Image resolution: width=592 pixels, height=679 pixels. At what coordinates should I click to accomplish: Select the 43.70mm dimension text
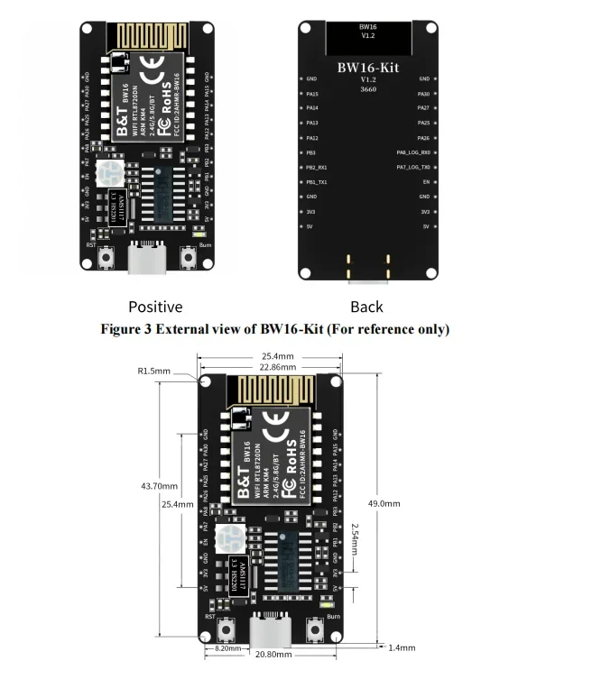click(157, 485)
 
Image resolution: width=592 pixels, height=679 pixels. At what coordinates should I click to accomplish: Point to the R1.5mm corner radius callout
click(154, 371)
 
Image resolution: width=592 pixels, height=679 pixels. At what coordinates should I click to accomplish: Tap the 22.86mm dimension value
click(272, 367)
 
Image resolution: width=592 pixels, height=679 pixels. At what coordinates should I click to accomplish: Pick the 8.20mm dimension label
click(227, 648)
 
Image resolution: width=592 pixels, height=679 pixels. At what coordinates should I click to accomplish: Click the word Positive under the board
click(155, 307)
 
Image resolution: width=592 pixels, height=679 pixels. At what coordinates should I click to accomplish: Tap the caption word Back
click(366, 307)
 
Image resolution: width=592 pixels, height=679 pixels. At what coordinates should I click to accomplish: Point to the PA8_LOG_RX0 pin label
click(413, 152)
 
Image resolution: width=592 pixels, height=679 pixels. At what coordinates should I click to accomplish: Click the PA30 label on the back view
click(423, 94)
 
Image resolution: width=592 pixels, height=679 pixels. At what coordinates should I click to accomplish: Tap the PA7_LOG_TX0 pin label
click(413, 168)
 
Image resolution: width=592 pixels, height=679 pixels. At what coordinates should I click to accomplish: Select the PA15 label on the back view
click(312, 94)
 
